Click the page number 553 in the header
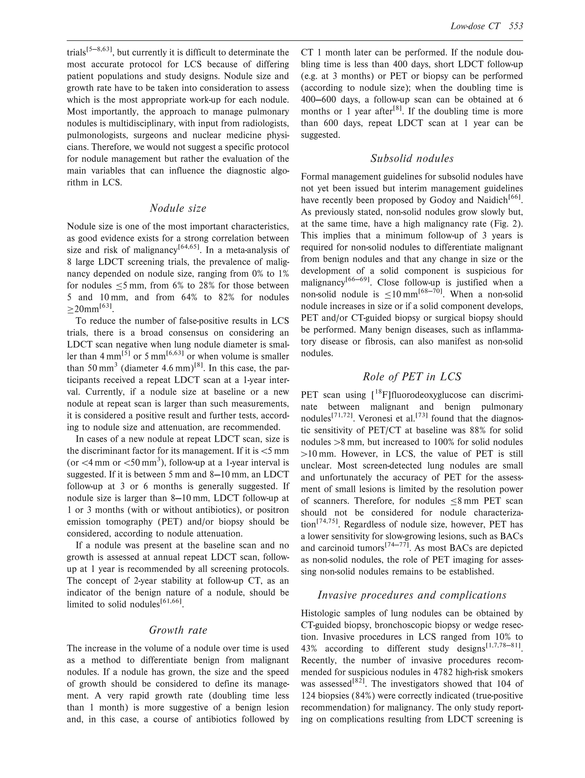pos(516,26)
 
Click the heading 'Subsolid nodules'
pos(412,159)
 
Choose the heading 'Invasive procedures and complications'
pos(412,595)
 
